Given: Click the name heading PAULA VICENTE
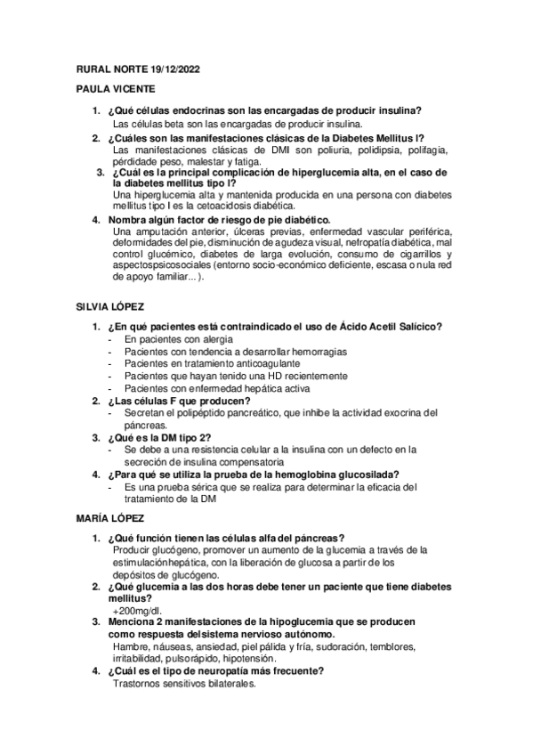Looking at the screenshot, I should click(x=115, y=89).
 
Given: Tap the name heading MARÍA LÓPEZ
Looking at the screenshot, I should click(x=110, y=517).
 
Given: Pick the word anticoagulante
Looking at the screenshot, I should click(x=264, y=364).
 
